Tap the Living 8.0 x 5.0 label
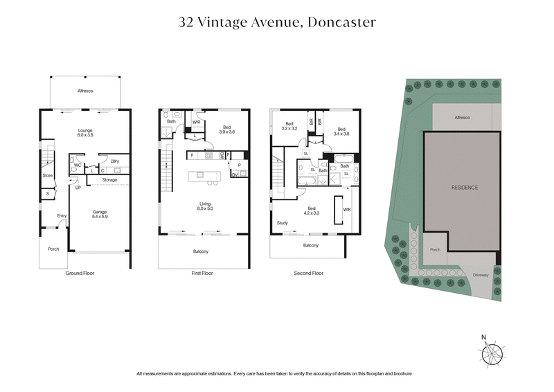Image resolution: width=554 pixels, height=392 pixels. click(206, 205)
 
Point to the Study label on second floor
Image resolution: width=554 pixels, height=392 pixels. click(282, 223)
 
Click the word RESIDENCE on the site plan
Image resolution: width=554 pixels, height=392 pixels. click(465, 188)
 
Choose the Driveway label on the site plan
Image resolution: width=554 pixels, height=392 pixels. click(481, 276)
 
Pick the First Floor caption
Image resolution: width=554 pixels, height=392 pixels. click(202, 274)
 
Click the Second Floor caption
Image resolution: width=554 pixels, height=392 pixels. click(308, 274)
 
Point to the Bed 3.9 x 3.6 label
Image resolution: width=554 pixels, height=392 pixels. click(227, 130)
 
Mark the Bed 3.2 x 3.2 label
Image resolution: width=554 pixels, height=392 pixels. click(289, 127)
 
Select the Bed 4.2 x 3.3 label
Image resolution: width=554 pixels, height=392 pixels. click(312, 211)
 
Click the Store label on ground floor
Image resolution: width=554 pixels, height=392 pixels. click(47, 175)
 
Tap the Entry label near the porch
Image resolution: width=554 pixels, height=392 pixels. click(62, 215)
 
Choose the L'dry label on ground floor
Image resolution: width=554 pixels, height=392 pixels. click(114, 161)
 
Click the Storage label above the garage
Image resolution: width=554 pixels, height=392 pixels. click(109, 180)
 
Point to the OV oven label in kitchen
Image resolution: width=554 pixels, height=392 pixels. click(234, 175)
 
